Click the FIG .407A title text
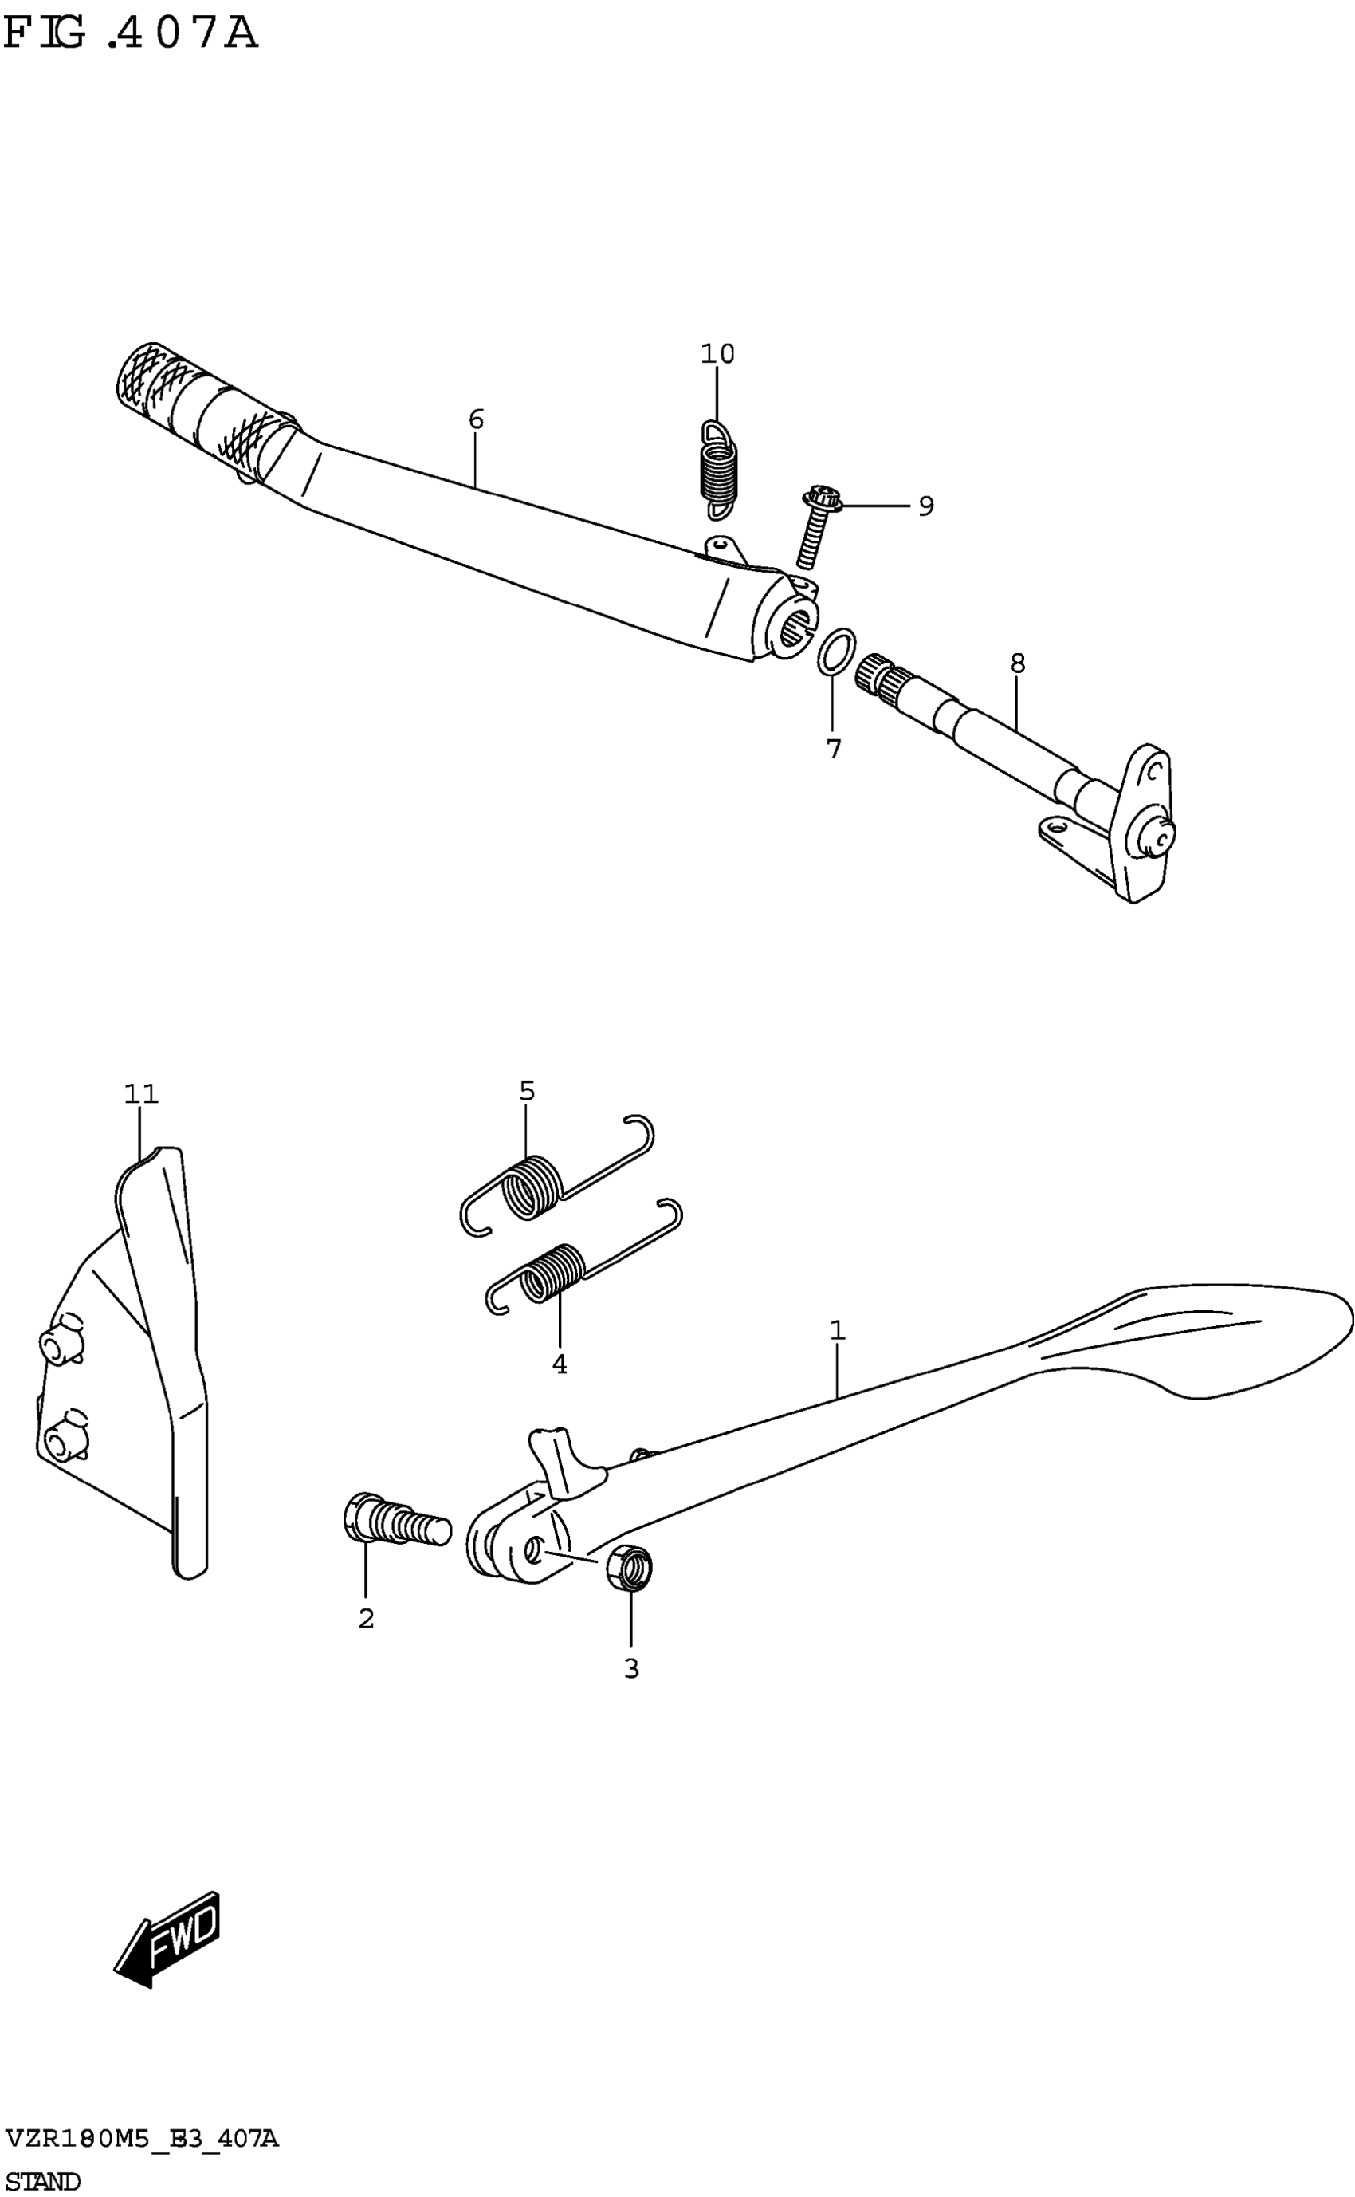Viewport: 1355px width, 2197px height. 130,34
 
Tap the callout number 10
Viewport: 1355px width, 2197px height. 717,354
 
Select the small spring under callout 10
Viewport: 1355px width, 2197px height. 718,470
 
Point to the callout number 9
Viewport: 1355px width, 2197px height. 925,506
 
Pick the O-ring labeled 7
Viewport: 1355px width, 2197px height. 836,650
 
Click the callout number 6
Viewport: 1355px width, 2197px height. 476,419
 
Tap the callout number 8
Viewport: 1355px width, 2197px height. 1016,663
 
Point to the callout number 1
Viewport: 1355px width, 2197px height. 837,1330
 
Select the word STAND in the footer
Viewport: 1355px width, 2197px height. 42,2180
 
